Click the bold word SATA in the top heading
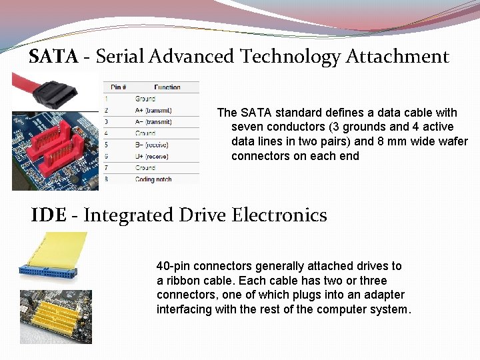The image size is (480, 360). pyautogui.click(x=53, y=57)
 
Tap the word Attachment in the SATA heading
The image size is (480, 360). pyautogui.click(x=397, y=57)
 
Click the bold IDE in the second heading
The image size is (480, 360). pyautogui.click(x=49, y=215)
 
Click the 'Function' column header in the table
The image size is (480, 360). pyautogui.click(x=167, y=87)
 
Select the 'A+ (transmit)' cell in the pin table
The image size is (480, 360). pyautogui.click(x=153, y=110)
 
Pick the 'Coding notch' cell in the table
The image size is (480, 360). pyautogui.click(x=154, y=179)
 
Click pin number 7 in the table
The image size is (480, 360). pyautogui.click(x=105, y=168)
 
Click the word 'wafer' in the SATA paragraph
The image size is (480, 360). pyautogui.click(x=453, y=141)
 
